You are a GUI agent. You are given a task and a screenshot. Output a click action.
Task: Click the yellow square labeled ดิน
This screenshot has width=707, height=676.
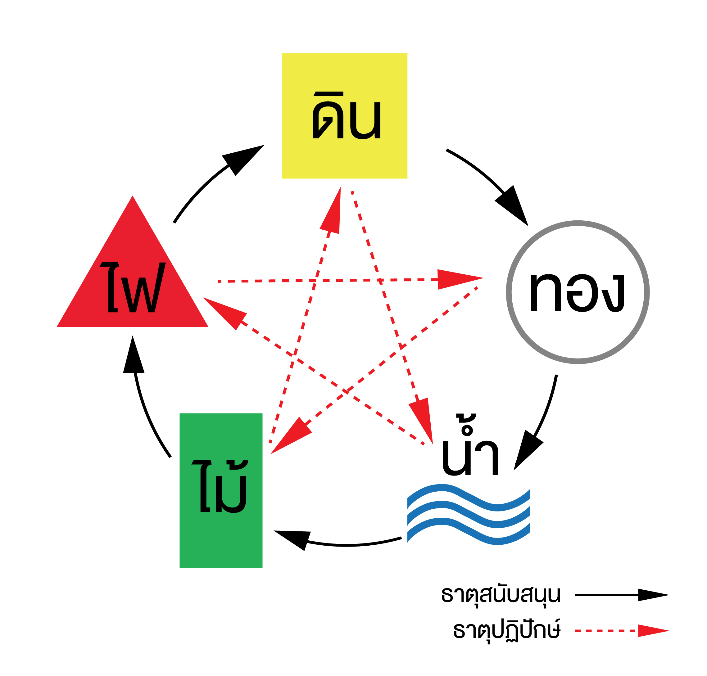[x=344, y=116]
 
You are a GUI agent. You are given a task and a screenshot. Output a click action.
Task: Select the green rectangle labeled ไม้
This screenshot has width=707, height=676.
[x=221, y=490]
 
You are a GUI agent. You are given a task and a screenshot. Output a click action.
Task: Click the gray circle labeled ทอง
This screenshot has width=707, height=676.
[x=578, y=292]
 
